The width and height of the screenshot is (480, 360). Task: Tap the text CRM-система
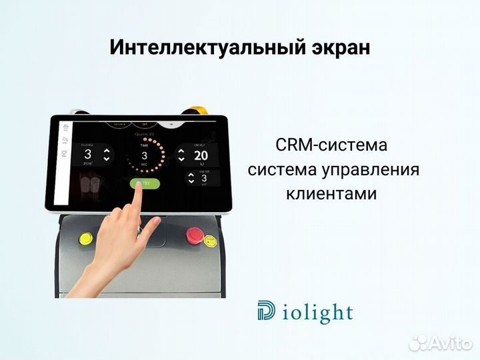(331, 145)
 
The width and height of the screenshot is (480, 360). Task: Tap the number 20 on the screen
(201, 156)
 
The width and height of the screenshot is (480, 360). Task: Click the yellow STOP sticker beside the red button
(209, 241)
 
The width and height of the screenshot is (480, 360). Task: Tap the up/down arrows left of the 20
(181, 156)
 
